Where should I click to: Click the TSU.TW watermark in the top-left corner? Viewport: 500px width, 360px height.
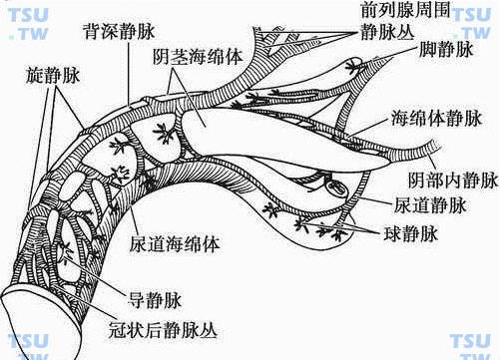[x=29, y=28]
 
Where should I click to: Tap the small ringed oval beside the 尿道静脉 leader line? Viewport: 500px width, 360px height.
[x=334, y=185]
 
